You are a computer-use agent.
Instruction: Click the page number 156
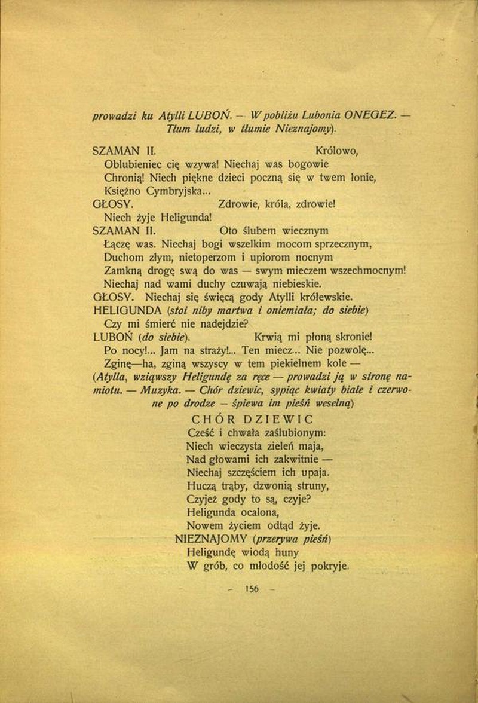click(252, 589)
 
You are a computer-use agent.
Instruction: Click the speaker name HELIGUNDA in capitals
click(128, 310)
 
